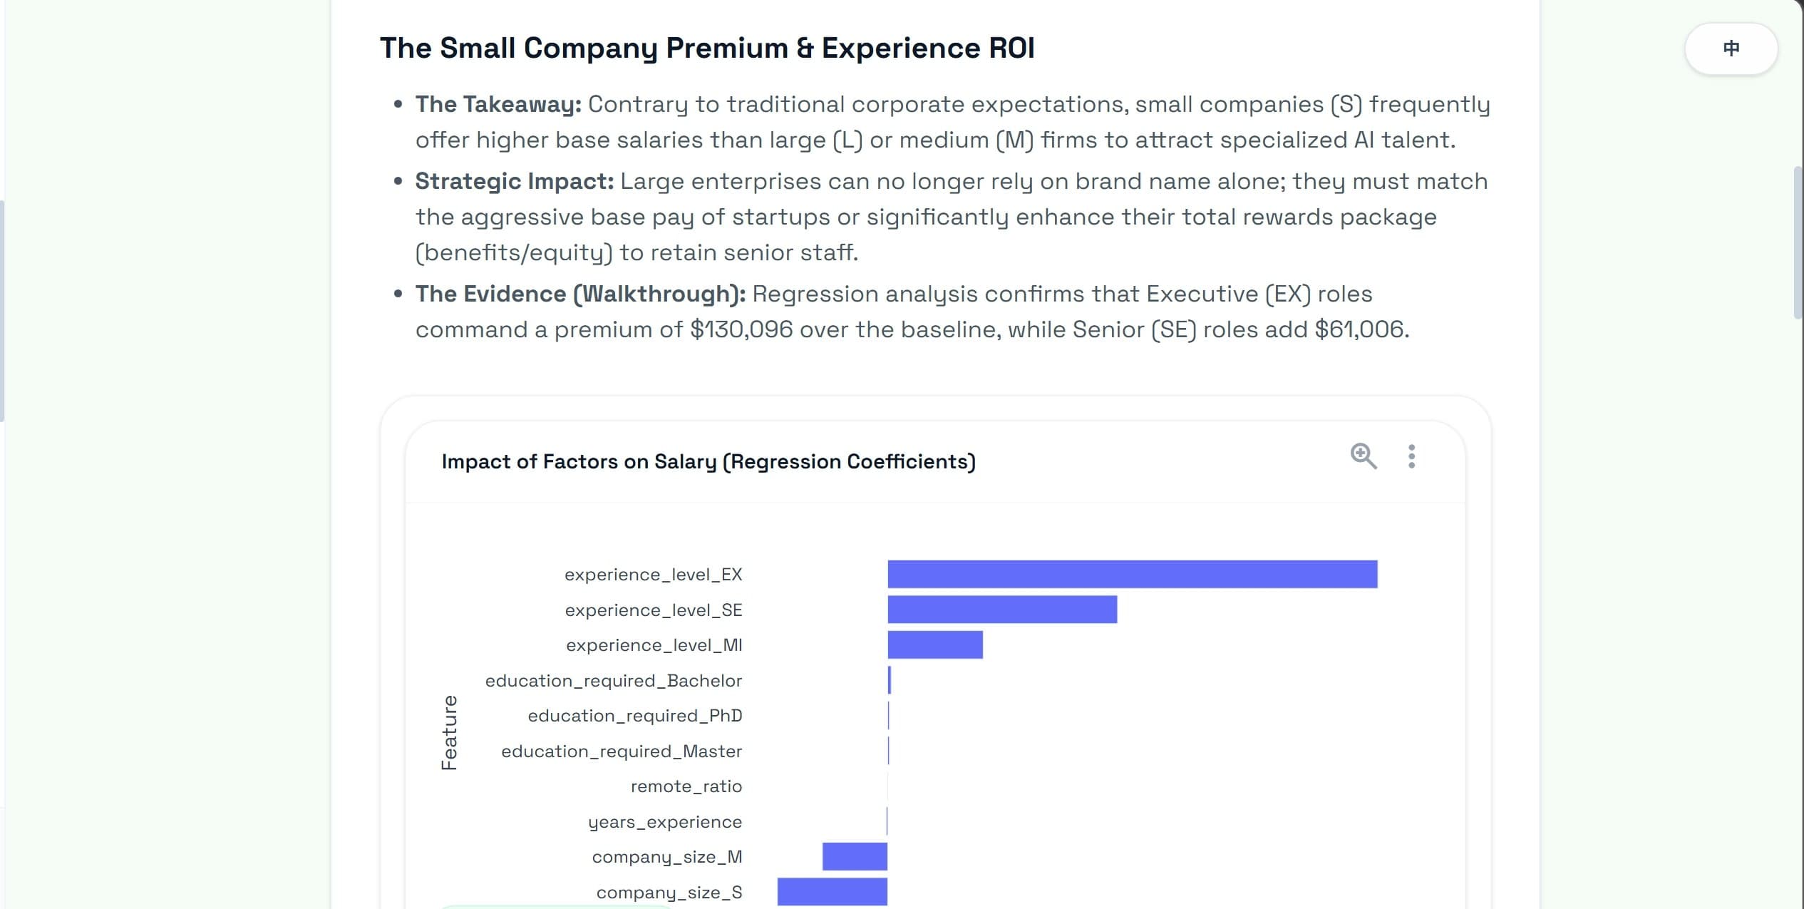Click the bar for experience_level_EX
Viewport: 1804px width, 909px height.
coord(1132,574)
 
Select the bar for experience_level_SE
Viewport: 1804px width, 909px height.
coord(1001,610)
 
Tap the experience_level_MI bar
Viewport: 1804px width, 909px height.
coord(934,644)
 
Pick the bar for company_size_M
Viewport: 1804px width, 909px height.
coord(855,856)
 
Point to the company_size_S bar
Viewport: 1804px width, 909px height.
coord(832,891)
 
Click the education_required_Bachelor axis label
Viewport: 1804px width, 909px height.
coord(613,681)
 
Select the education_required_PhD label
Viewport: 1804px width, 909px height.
coord(634,716)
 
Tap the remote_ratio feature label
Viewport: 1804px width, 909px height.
coord(686,786)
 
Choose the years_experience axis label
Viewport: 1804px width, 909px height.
coord(664,822)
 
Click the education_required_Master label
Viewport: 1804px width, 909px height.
coord(621,751)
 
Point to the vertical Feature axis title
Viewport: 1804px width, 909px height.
coord(449,733)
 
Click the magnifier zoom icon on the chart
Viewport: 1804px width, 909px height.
coord(1363,456)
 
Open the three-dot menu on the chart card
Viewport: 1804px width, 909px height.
coord(1411,456)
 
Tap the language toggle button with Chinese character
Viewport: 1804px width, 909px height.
coord(1731,48)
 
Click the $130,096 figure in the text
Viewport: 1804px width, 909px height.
coord(741,329)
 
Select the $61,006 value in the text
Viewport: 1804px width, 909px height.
coord(1361,329)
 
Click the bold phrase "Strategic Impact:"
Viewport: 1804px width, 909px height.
coord(514,181)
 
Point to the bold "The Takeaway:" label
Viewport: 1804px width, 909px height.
coord(498,104)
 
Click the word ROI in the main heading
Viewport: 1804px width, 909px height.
coord(1011,48)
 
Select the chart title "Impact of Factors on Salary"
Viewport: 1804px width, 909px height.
coord(708,461)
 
